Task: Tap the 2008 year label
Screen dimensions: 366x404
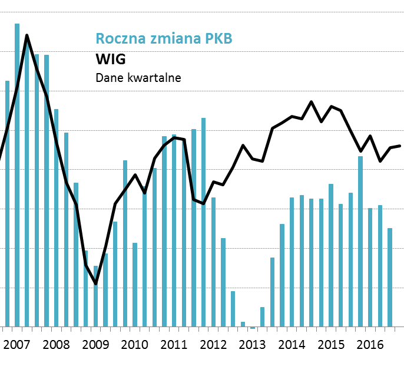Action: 56,344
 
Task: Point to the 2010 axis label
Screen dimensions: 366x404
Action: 134,344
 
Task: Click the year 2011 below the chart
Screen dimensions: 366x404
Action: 173,344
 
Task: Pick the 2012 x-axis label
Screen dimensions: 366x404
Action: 212,344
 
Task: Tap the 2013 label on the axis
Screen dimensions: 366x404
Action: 251,344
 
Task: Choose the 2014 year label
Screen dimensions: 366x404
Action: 291,344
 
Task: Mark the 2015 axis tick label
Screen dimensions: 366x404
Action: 330,344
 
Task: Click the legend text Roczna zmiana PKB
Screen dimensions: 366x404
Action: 164,39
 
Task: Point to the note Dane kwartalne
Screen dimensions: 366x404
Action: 138,78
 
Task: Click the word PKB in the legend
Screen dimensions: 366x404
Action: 218,39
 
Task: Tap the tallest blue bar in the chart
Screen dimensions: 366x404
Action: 17,177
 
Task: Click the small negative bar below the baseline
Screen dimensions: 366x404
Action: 253,328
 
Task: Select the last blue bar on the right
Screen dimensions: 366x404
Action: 390,277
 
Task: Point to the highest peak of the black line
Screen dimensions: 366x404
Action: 27,35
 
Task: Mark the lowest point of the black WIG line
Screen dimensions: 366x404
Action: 95,284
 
